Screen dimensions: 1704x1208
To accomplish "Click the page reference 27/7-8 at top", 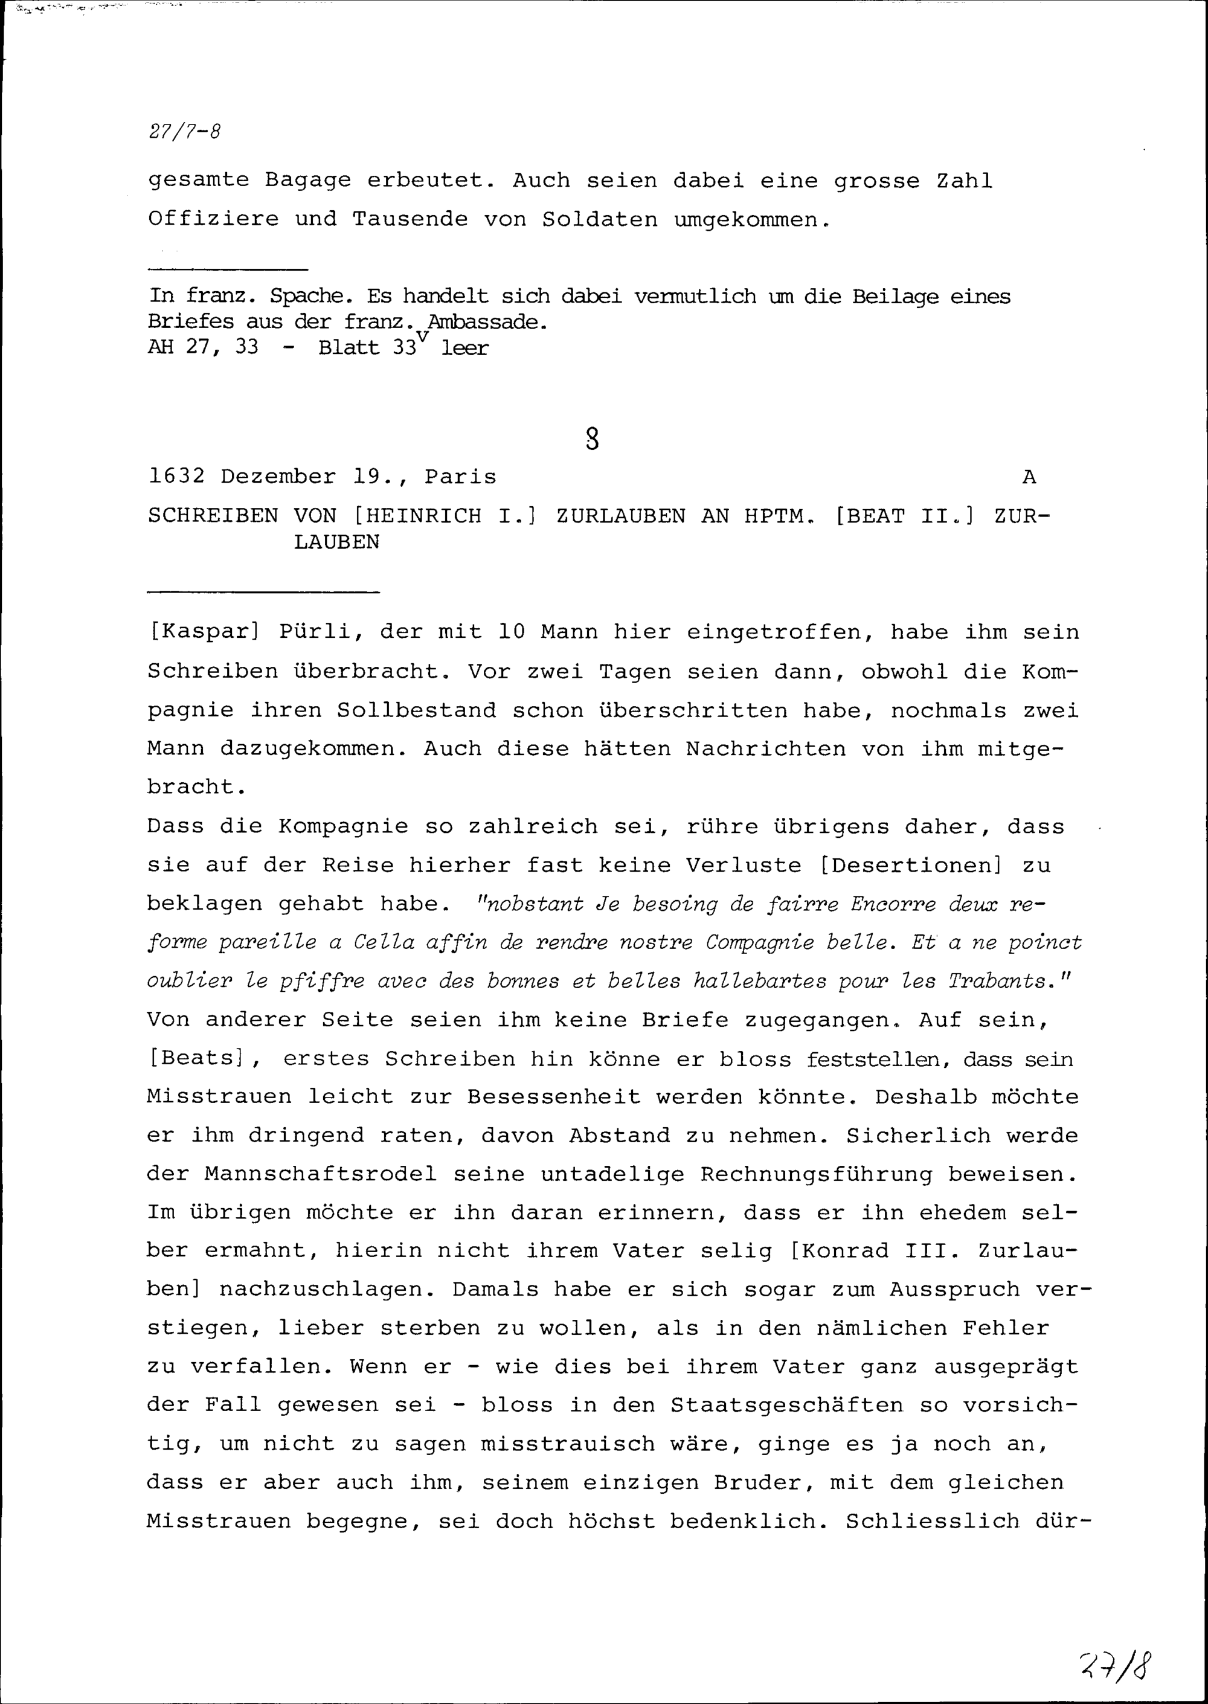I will pos(184,132).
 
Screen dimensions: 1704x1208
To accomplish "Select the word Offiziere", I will pos(213,219).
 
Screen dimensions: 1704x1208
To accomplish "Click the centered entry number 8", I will pos(592,440).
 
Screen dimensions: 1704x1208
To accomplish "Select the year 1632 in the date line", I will pos(176,477).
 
